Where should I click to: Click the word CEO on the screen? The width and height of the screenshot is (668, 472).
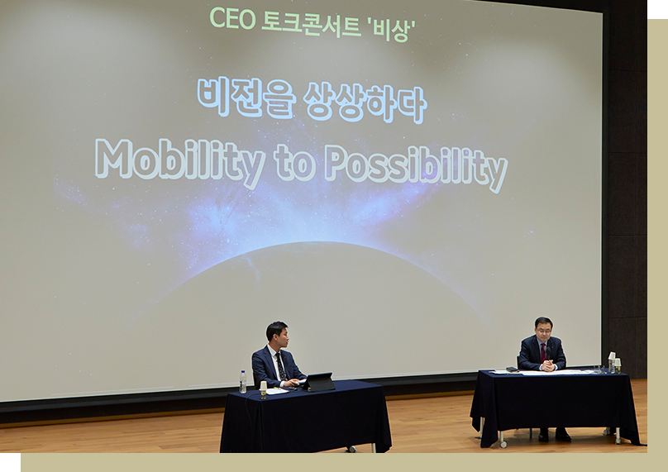232,19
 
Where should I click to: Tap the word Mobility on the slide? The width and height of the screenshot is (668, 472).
179,162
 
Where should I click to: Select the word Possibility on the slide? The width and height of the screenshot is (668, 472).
416,168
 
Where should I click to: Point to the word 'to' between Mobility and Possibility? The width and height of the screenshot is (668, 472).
294,163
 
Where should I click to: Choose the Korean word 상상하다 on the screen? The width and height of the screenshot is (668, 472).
365,103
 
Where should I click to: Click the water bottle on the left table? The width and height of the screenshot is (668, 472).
243,382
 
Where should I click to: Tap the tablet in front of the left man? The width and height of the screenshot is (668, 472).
318,382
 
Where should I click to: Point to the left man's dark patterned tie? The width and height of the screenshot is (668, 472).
281,366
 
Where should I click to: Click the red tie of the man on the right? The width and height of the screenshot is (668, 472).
543,352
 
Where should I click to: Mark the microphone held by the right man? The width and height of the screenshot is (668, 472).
548,353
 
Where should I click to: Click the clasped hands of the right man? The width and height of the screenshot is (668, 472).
547,365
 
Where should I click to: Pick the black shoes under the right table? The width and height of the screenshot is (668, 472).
554,435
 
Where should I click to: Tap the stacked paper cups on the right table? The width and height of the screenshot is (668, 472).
612,362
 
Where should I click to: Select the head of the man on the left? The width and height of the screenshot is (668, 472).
277,335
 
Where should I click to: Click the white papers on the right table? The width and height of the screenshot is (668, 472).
549,372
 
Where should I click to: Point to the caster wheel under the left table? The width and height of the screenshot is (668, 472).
352,449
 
